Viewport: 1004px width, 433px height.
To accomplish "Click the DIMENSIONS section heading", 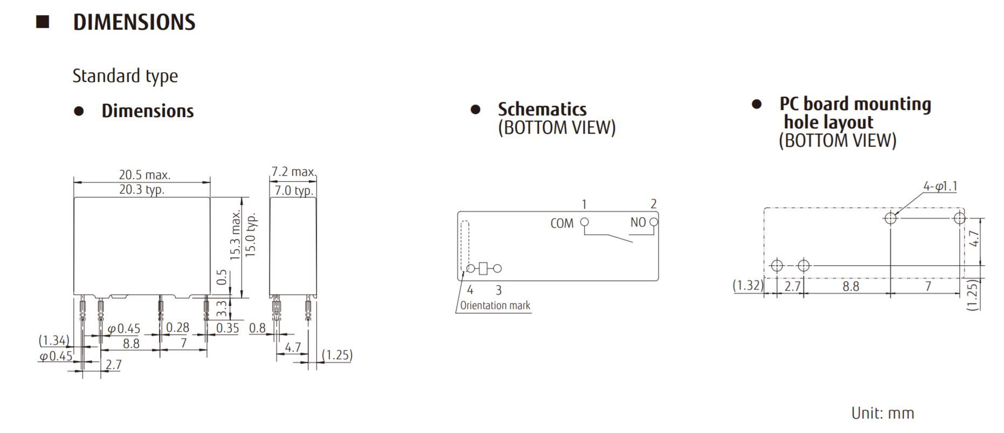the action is tap(134, 22).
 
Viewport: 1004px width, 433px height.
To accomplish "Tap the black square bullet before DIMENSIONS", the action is tap(43, 22).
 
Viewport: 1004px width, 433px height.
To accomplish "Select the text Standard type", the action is tap(125, 76).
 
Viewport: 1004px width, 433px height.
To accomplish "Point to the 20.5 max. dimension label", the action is tap(144, 175).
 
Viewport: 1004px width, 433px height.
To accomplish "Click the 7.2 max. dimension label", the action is tap(294, 171).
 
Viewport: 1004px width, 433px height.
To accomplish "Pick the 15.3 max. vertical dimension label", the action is tap(236, 235).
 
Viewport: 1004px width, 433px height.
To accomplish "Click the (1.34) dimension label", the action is tap(54, 340).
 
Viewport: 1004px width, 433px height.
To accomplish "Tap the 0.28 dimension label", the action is tap(177, 327).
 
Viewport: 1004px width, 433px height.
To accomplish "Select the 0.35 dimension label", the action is tap(227, 328).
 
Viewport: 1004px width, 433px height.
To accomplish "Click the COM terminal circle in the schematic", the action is tap(584, 222).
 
